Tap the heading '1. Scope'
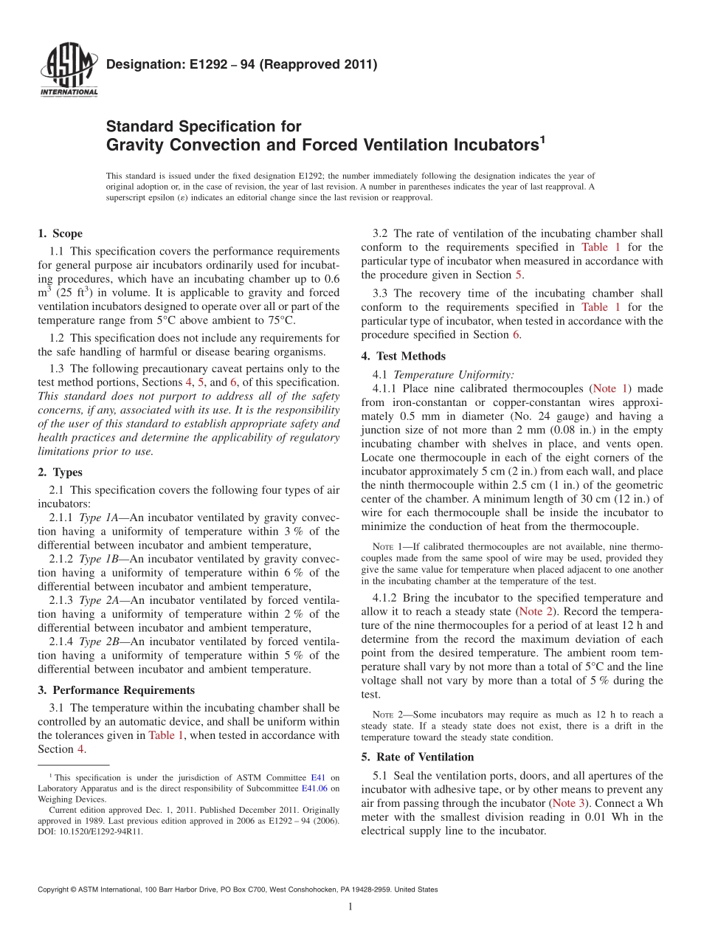click(x=60, y=234)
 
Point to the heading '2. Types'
click(x=60, y=472)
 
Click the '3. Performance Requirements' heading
click(x=117, y=690)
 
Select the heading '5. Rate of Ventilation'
click(x=417, y=757)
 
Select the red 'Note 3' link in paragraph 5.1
click(x=569, y=802)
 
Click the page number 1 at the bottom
click(x=350, y=907)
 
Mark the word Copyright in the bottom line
click(x=55, y=890)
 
